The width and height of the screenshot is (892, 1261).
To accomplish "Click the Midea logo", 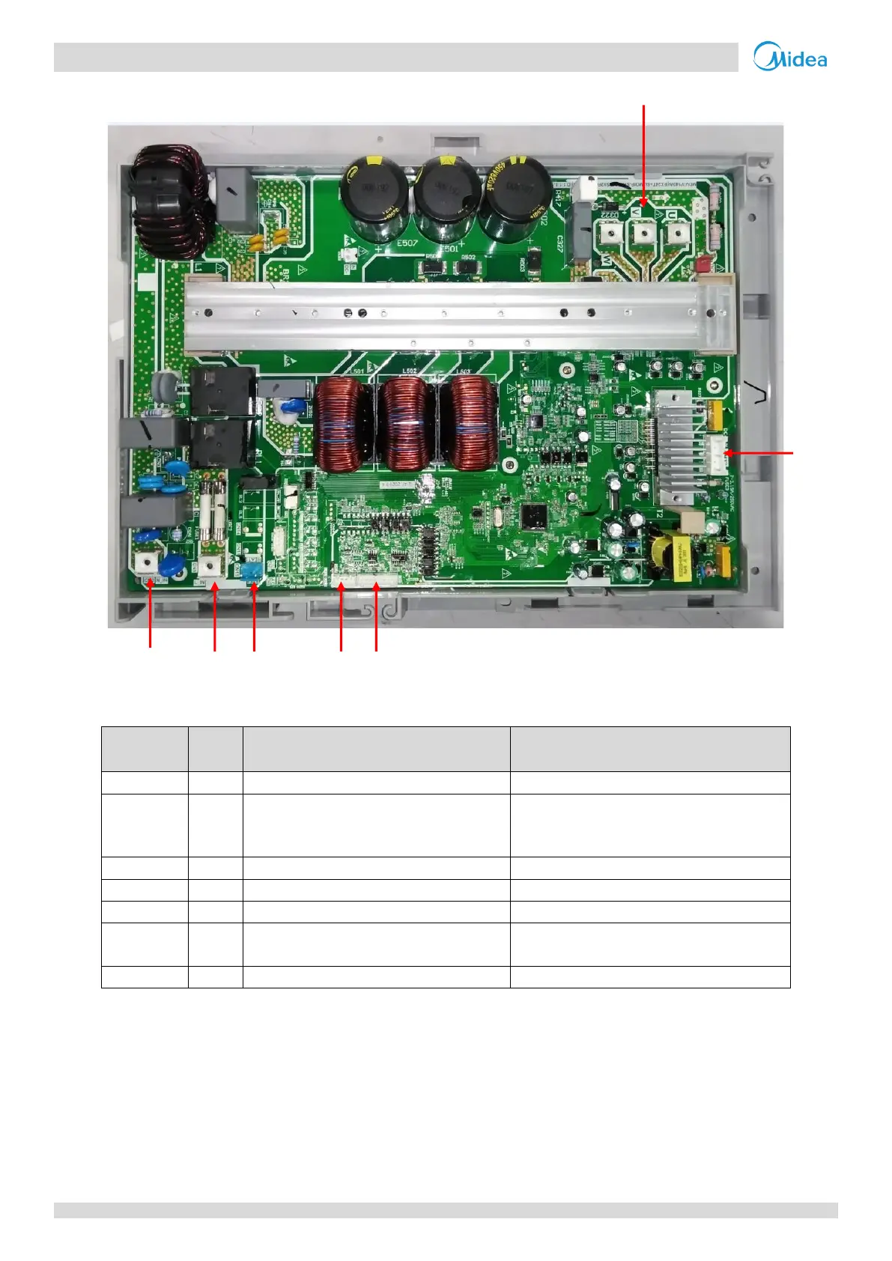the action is click(790, 57).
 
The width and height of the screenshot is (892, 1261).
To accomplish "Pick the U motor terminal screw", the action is click(676, 233).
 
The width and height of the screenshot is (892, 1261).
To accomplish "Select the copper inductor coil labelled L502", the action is click(405, 426).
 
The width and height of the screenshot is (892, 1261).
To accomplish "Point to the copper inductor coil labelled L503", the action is click(468, 426).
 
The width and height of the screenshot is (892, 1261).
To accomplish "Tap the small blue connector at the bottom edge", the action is click(253, 572).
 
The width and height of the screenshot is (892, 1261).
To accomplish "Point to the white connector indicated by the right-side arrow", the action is click(717, 453).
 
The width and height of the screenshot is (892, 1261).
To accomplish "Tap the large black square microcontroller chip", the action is click(534, 516).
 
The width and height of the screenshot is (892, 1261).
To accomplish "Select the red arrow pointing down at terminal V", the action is click(644, 154).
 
